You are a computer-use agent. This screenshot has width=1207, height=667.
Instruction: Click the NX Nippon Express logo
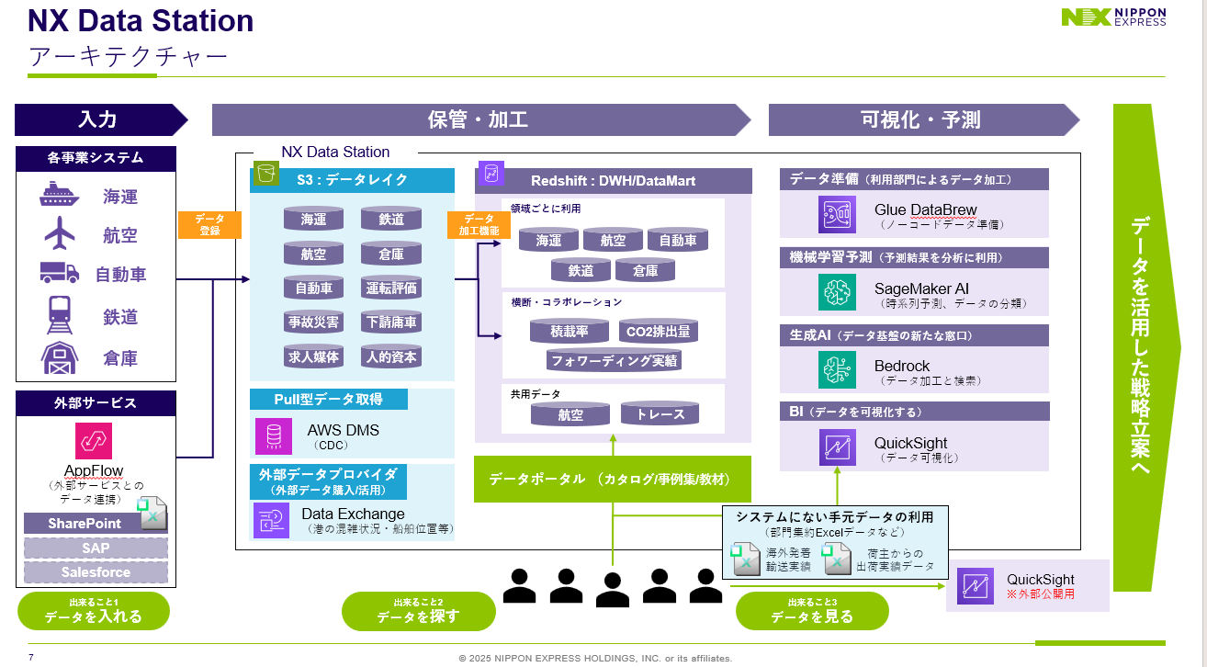coord(1113,17)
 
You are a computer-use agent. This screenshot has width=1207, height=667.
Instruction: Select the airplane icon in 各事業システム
coord(61,233)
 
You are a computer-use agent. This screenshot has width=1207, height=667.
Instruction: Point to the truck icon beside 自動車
coord(60,273)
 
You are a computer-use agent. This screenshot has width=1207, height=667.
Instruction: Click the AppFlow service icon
coord(94,441)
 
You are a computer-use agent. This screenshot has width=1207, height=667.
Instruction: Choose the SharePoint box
coord(85,524)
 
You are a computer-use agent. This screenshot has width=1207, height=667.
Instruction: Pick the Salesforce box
coord(96,572)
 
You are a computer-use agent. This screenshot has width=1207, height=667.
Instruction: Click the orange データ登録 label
coord(209,225)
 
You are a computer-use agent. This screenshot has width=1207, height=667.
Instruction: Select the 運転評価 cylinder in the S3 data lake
coord(391,288)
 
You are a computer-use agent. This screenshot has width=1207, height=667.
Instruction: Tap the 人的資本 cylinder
coord(391,356)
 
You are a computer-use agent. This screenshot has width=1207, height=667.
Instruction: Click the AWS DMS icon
coord(273,436)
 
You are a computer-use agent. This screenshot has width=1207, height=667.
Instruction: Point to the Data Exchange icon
coord(272,520)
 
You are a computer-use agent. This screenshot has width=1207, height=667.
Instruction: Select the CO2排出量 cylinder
coord(658,332)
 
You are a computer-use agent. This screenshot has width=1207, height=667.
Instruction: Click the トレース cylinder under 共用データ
coord(660,414)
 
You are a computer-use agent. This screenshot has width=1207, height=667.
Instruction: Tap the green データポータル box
coord(613,479)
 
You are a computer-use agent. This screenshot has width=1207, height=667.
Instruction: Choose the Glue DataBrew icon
coord(837,215)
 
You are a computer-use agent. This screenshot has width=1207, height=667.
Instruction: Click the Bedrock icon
coord(837,370)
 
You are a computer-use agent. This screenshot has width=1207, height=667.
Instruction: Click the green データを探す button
coord(418,611)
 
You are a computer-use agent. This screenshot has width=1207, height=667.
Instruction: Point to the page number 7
coord(31,657)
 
